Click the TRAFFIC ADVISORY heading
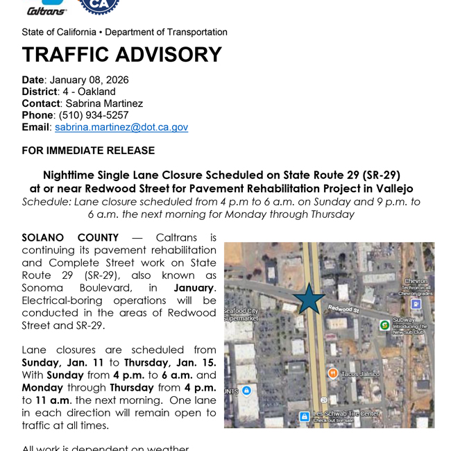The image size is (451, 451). [121, 55]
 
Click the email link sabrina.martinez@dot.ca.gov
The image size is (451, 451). [121, 127]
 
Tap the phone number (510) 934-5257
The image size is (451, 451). [94, 115]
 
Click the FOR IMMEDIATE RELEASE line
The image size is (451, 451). [88, 151]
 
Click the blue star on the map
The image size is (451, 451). [309, 298]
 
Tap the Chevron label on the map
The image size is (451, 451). [416, 281]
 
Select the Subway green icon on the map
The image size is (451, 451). [384, 325]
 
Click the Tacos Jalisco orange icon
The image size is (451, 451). [333, 373]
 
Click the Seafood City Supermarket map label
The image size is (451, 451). [241, 314]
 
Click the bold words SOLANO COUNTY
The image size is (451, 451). [70, 238]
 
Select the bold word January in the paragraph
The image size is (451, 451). [194, 288]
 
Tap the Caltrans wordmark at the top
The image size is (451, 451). [46, 10]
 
